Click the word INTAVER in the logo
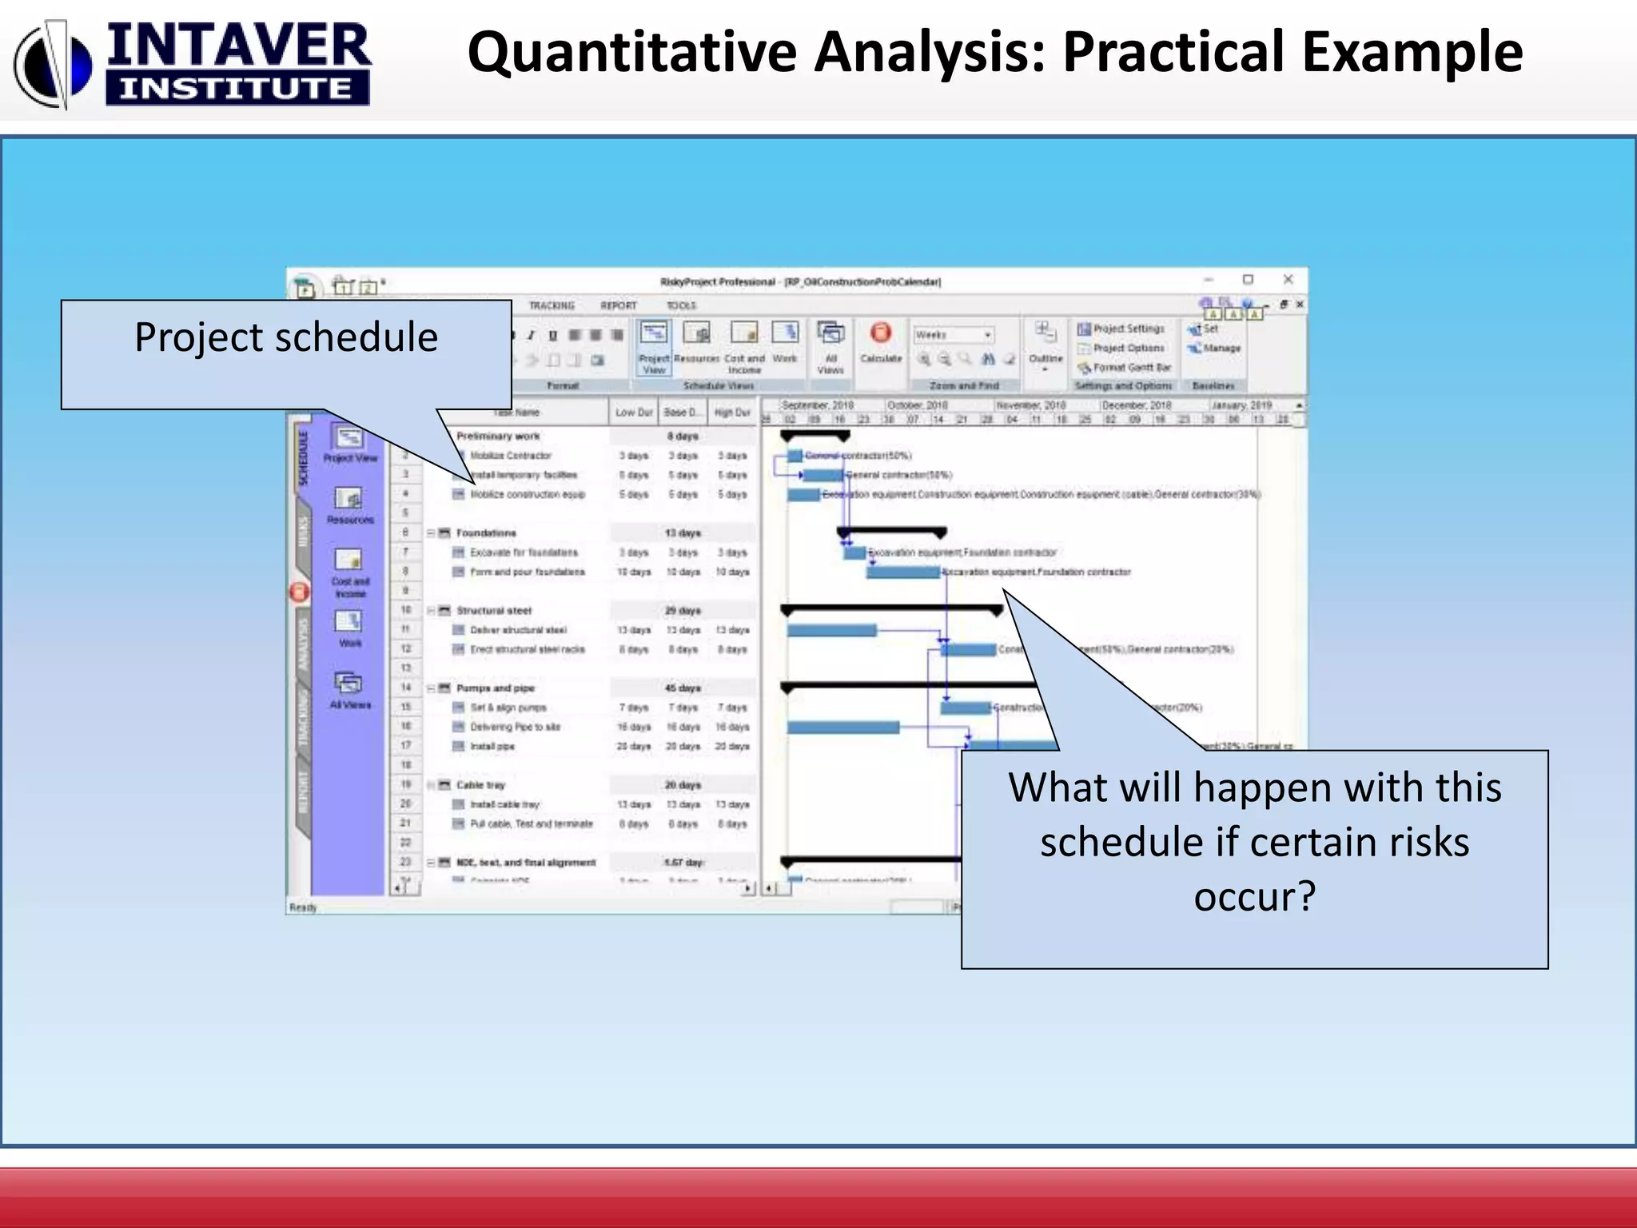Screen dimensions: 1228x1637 pyautogui.click(x=238, y=46)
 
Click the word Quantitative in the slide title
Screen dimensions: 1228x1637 pyautogui.click(x=631, y=53)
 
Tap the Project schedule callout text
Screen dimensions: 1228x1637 pyautogui.click(x=285, y=337)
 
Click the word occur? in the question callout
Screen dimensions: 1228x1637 pyautogui.click(x=1254, y=896)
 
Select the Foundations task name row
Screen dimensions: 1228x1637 pyautogui.click(x=486, y=533)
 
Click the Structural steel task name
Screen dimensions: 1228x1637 pyautogui.click(x=493, y=611)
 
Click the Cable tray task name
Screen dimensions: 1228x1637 pyautogui.click(x=480, y=785)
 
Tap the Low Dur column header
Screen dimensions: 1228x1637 pyautogui.click(x=634, y=413)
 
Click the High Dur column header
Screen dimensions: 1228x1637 pyautogui.click(x=731, y=413)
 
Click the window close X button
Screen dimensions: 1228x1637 pyautogui.click(x=1288, y=279)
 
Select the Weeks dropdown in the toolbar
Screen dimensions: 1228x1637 pyautogui.click(x=953, y=335)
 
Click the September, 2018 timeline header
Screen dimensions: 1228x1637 pyautogui.click(x=817, y=405)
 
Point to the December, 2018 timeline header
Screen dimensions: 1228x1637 pyautogui.click(x=1135, y=405)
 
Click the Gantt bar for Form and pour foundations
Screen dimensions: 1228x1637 pyautogui.click(x=902, y=572)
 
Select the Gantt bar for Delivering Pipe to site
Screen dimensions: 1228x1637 pyautogui.click(x=842, y=728)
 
